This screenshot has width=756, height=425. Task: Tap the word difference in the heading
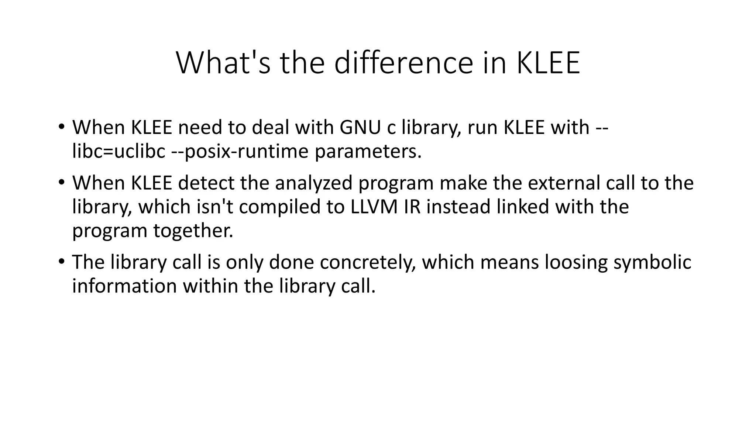403,63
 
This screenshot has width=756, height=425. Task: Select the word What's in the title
223,63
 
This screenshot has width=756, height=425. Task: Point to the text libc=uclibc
118,151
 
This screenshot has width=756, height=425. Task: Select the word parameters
368,151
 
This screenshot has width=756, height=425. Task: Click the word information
124,286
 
